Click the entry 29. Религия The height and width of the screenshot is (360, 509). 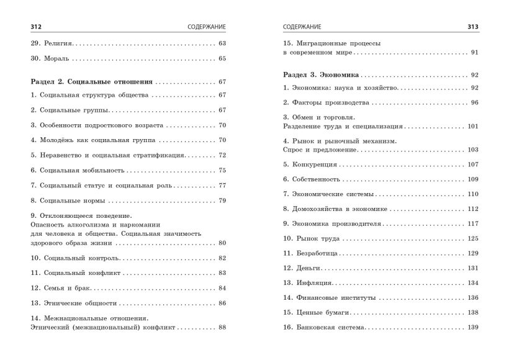pyautogui.click(x=52, y=43)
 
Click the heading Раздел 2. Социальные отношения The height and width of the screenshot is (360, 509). pyautogui.click(x=92, y=82)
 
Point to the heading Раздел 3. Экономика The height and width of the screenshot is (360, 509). pyautogui.click(x=320, y=74)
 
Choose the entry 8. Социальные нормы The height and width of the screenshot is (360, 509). pyautogui.click(x=68, y=200)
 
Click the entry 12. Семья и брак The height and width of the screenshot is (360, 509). pyautogui.click(x=61, y=288)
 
